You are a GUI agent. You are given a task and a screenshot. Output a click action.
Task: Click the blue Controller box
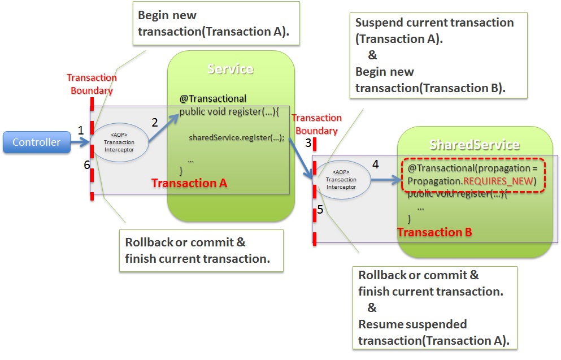tap(36, 142)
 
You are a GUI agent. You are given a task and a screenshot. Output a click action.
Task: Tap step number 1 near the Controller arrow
tap(81, 131)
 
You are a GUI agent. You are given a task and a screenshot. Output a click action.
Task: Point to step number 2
tap(154, 122)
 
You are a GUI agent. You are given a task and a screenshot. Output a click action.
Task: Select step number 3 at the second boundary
tap(308, 142)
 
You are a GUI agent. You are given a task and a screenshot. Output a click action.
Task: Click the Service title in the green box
tap(231, 69)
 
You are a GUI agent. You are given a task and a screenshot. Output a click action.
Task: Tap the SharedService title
tap(474, 145)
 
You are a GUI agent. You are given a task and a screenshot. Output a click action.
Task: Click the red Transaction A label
tap(189, 183)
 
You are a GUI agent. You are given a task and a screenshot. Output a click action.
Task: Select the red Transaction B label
tap(434, 232)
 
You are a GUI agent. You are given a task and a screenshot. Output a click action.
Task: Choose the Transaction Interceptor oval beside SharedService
tap(341, 179)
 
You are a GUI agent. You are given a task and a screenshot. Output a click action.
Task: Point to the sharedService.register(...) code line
tap(236, 137)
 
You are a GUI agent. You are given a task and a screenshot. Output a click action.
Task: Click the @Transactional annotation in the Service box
tap(213, 98)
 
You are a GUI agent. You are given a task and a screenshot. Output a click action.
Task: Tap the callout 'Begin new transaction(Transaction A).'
tap(216, 24)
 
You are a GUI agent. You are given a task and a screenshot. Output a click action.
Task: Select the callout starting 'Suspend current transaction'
tap(438, 55)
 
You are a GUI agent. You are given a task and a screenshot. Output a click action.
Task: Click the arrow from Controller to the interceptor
tap(80, 142)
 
